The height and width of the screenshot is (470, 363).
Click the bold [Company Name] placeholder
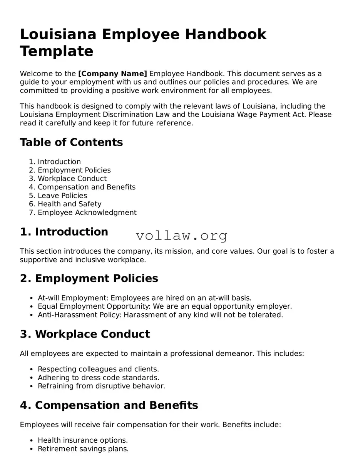[112, 74]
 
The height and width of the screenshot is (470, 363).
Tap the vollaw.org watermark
[181, 235]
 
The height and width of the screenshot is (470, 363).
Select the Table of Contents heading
[71, 142]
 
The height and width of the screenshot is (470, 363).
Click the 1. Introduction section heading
[64, 232]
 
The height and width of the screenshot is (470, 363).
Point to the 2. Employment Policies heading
[89, 278]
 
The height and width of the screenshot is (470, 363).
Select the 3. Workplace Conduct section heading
[85, 334]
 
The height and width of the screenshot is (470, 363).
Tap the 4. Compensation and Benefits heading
[109, 405]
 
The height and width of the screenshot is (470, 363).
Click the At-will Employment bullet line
[144, 298]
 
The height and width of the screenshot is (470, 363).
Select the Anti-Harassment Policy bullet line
[160, 315]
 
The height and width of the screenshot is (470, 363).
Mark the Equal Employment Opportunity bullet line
[165, 306]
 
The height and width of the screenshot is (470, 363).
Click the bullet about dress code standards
[98, 378]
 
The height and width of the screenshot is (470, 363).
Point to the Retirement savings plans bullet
[83, 449]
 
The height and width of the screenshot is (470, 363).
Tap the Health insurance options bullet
[82, 440]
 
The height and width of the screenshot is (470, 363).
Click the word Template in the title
[57, 51]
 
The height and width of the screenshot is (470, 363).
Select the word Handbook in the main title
[226, 34]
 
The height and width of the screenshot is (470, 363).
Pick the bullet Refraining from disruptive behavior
[101, 386]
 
